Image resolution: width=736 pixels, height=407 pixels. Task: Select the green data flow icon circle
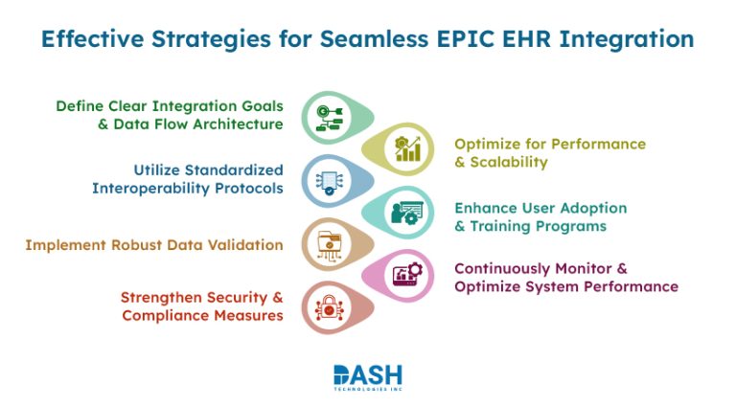[326, 118]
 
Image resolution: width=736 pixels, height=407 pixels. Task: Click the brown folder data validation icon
[326, 244]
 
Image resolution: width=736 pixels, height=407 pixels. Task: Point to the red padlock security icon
[326, 307]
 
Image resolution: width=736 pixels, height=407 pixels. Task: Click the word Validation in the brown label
[243, 245]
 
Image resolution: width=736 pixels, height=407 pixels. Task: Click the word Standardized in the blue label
[234, 169]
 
